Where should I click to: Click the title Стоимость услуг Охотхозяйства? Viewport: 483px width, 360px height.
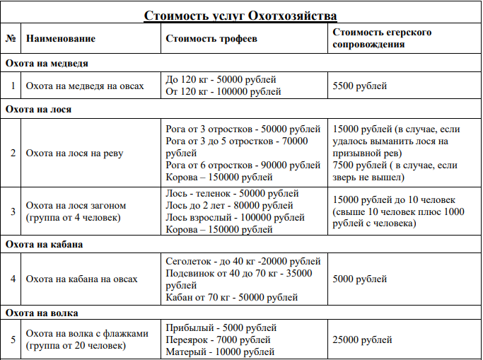[x=240, y=16]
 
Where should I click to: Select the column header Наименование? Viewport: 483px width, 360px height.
[x=61, y=38]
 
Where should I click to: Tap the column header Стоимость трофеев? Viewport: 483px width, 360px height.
[x=211, y=38]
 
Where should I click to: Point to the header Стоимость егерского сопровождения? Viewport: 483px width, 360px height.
[x=382, y=38]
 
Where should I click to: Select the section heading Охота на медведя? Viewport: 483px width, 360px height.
[x=47, y=63]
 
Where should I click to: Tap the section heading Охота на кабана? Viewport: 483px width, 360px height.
[x=44, y=245]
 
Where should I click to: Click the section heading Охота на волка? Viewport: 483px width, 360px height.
[x=41, y=312]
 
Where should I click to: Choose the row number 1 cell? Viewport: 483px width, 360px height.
[x=12, y=86]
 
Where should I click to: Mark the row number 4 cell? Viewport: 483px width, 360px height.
[x=12, y=279]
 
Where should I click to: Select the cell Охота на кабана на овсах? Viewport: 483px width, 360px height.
[x=81, y=279]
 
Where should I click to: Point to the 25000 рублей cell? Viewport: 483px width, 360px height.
[x=362, y=340]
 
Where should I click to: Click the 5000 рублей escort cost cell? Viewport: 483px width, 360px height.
[x=359, y=279]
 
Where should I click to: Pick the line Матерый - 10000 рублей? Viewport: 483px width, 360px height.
[x=219, y=352]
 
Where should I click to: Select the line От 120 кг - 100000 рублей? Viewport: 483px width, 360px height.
[x=223, y=92]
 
